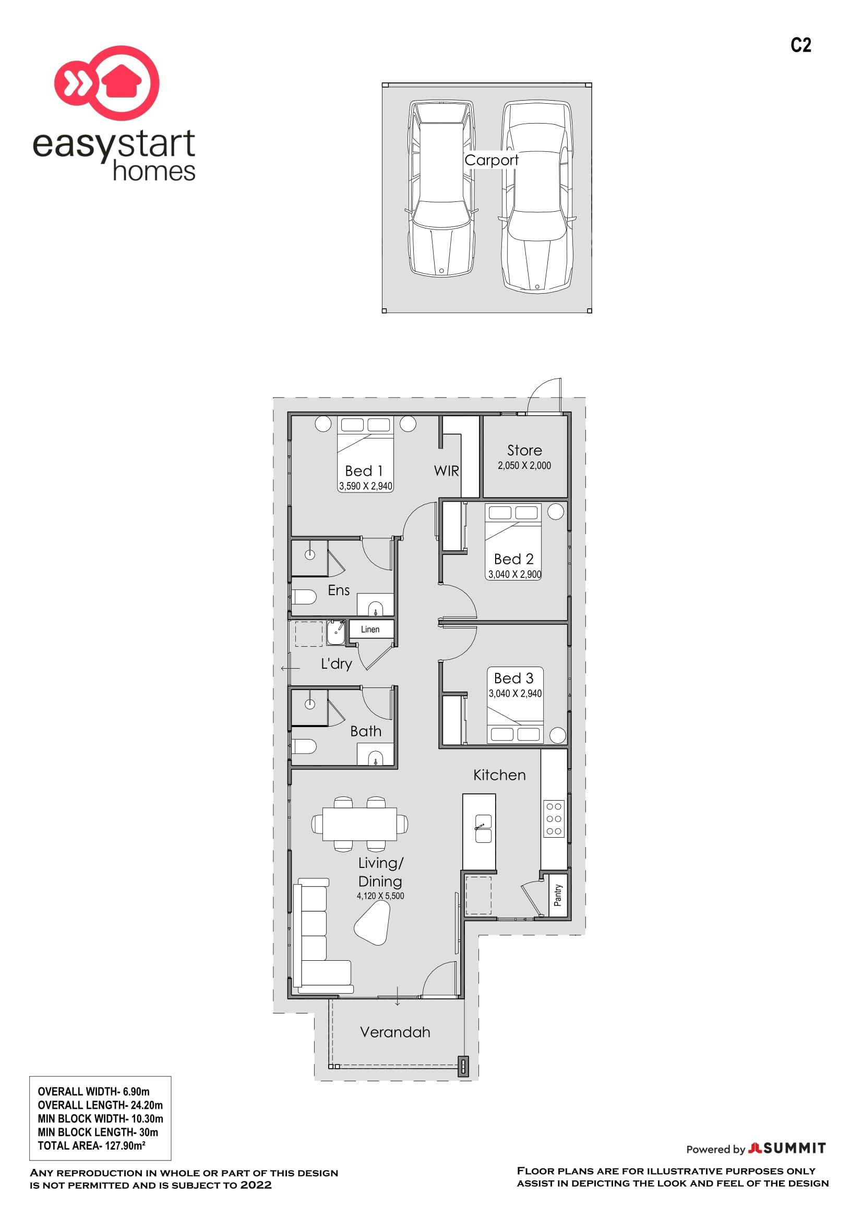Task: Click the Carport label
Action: (x=491, y=160)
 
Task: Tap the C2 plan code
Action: (x=800, y=45)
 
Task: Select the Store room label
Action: (x=524, y=450)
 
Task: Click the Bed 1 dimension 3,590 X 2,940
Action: (x=366, y=486)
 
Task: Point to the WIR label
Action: (x=447, y=471)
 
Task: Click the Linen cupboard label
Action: (x=370, y=629)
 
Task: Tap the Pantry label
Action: (x=557, y=895)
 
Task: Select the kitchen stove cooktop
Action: (x=554, y=819)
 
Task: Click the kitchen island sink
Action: (x=483, y=828)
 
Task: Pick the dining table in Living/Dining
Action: (x=360, y=824)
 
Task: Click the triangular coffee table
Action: (x=372, y=923)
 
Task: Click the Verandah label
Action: (x=395, y=1032)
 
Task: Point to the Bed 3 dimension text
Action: (x=515, y=693)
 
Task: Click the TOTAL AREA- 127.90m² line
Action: (x=91, y=1145)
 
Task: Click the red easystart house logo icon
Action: (x=107, y=82)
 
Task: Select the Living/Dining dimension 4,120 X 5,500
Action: (x=380, y=896)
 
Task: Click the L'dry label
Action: (x=337, y=664)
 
